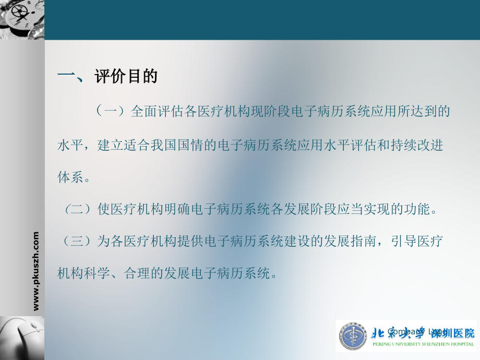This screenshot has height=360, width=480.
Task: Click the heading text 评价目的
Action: (126, 77)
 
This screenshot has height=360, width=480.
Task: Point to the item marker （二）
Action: (77, 210)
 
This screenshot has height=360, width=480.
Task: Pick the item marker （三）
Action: (77, 241)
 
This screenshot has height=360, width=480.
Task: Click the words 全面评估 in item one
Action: (157, 111)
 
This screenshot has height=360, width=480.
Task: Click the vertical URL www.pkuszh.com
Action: (36, 271)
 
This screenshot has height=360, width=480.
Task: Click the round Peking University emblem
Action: (353, 337)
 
